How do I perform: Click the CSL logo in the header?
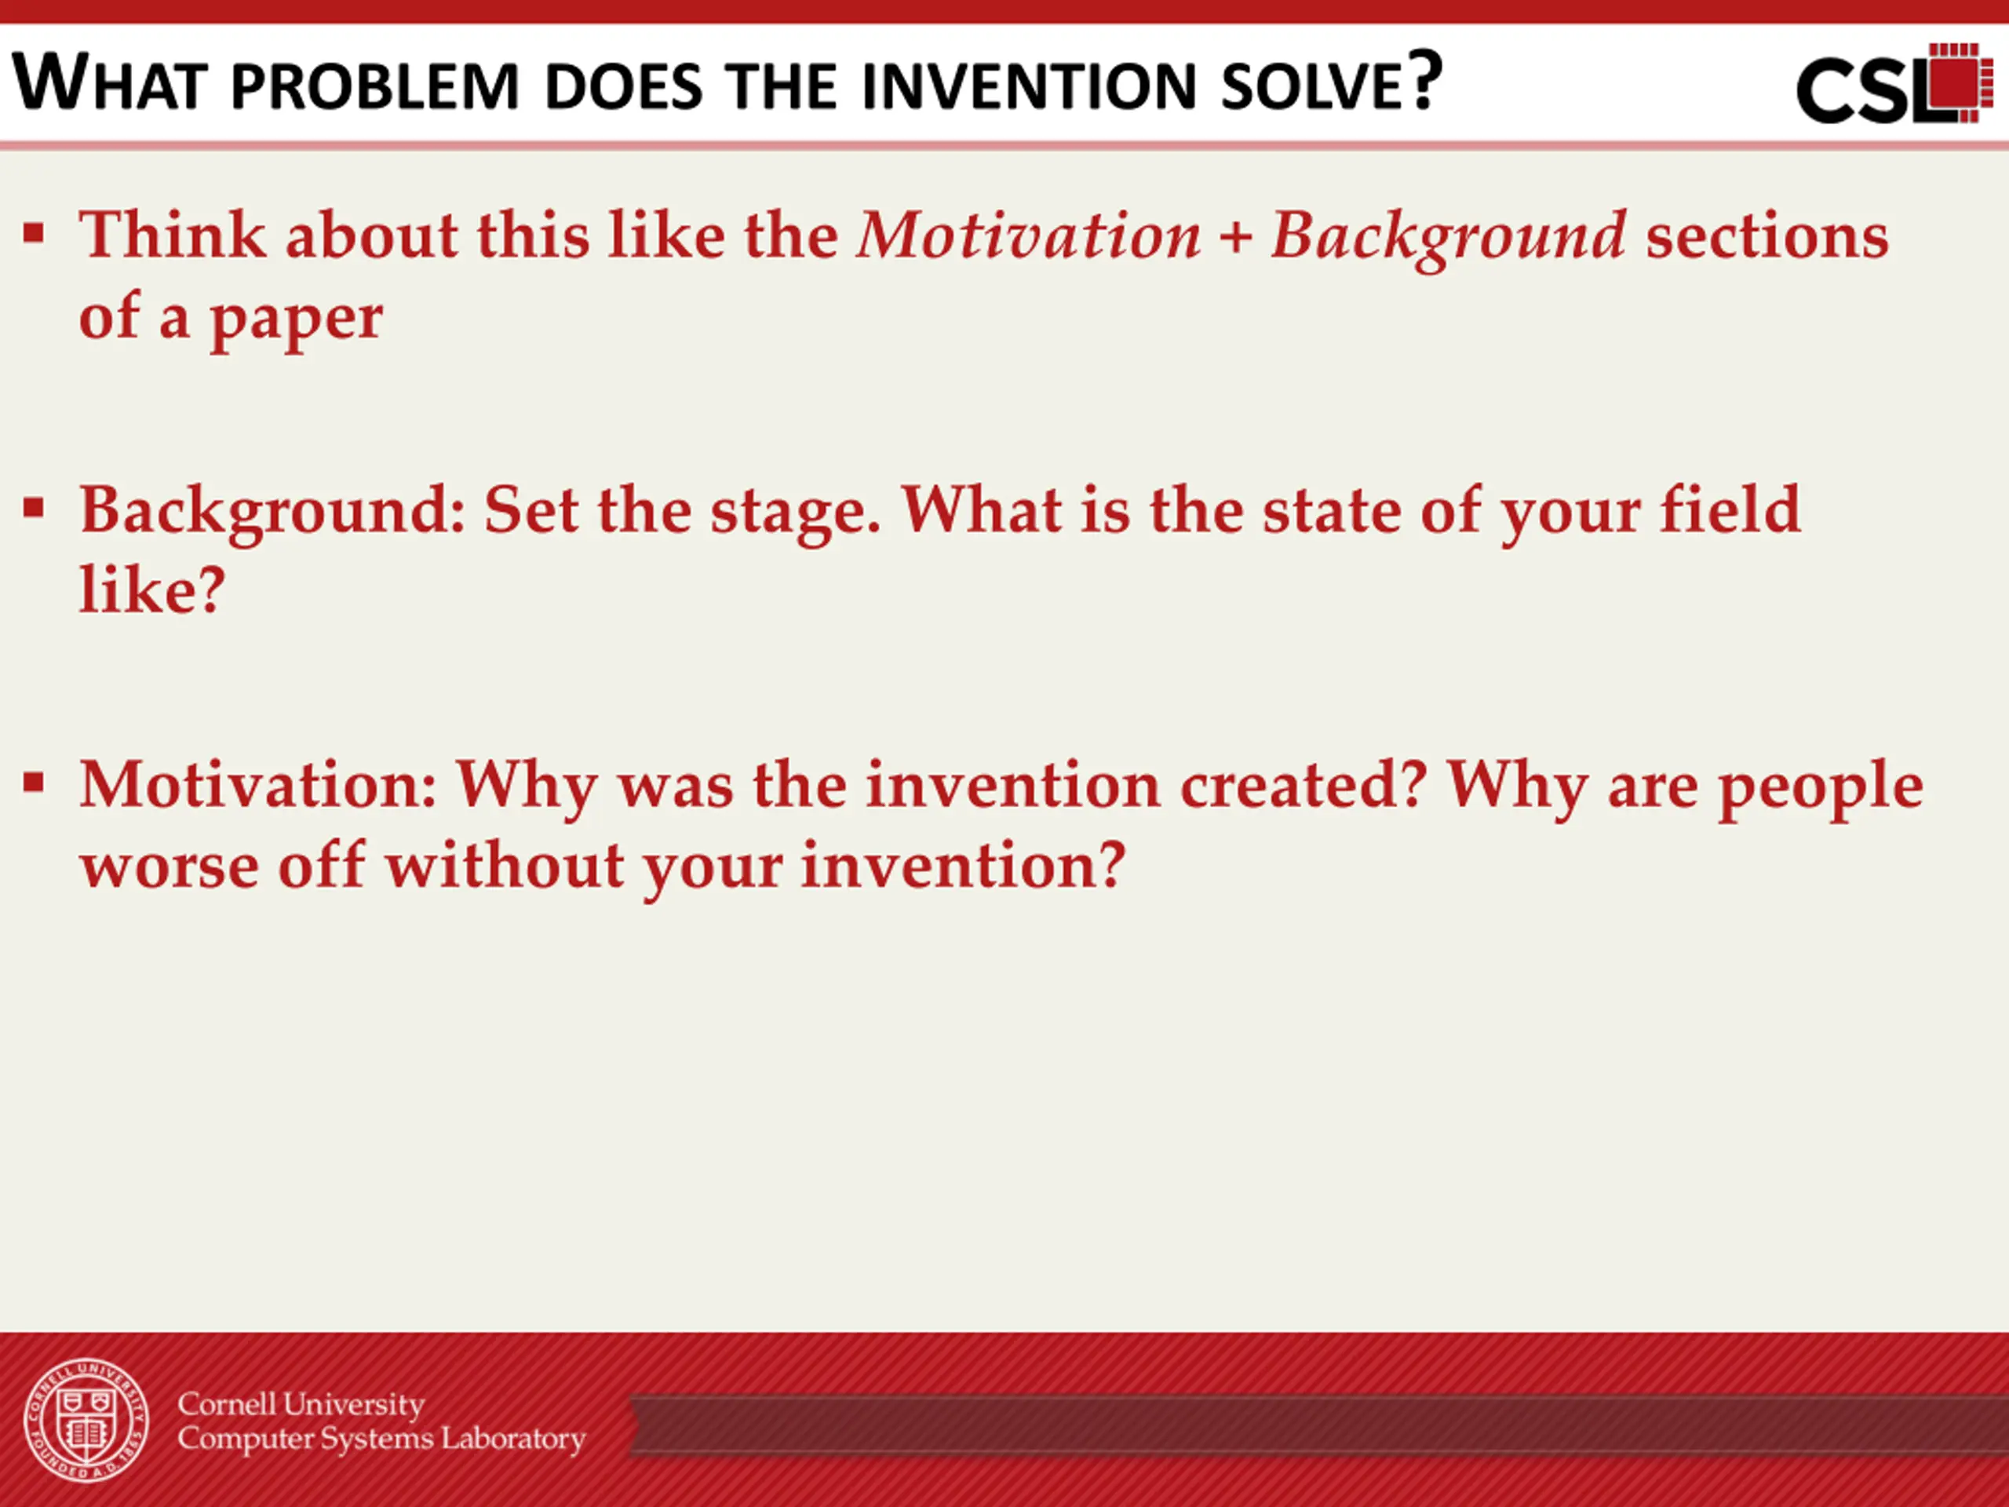click(1894, 83)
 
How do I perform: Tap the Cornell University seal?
click(86, 1420)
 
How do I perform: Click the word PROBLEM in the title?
click(374, 86)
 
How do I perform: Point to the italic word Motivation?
click(1029, 235)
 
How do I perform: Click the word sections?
click(1767, 235)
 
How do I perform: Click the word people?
click(1820, 790)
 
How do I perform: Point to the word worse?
click(170, 868)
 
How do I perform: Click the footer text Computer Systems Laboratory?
click(381, 1439)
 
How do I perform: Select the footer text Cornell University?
click(301, 1404)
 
